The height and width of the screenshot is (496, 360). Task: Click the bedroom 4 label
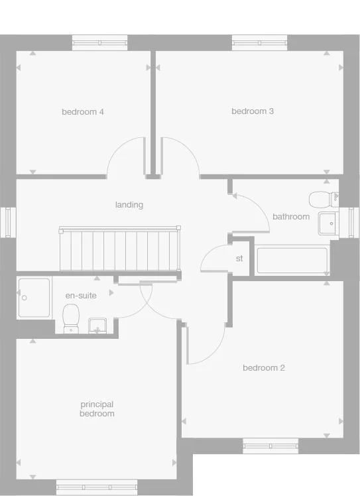[x=83, y=112]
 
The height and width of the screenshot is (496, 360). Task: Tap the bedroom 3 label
[x=253, y=111]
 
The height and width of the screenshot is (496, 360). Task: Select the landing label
[x=129, y=205]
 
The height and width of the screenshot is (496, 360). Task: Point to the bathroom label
[x=291, y=217]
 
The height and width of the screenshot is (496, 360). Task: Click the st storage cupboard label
[x=239, y=259]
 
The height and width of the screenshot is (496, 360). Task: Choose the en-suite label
[x=80, y=296]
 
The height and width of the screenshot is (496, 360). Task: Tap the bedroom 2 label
[x=264, y=368]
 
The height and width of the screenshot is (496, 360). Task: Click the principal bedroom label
[x=97, y=408]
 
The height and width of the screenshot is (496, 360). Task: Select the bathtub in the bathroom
[x=292, y=260]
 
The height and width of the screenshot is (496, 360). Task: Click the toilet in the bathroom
[x=323, y=199]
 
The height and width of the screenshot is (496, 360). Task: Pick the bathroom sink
[x=328, y=223]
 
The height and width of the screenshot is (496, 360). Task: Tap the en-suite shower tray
[x=34, y=297]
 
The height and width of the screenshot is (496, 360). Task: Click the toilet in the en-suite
[x=71, y=318]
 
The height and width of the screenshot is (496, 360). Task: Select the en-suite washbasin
[x=99, y=326]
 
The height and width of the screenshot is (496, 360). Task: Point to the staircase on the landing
[x=120, y=249]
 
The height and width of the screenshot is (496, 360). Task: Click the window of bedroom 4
[x=99, y=43]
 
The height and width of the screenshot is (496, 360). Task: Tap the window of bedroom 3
[x=259, y=43]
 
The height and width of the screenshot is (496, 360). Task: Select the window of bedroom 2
[x=270, y=445]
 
